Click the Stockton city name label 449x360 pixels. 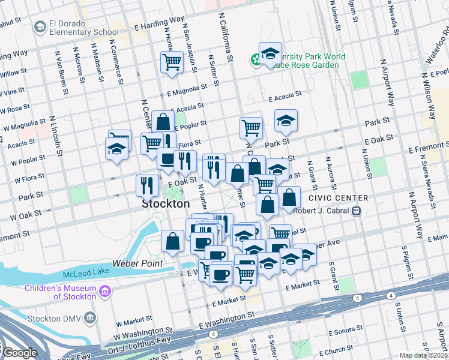tap(166, 204)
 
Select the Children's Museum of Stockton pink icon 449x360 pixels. tap(106, 292)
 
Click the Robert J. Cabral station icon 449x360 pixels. tap(356, 211)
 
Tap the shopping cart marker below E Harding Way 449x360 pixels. tap(172, 61)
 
